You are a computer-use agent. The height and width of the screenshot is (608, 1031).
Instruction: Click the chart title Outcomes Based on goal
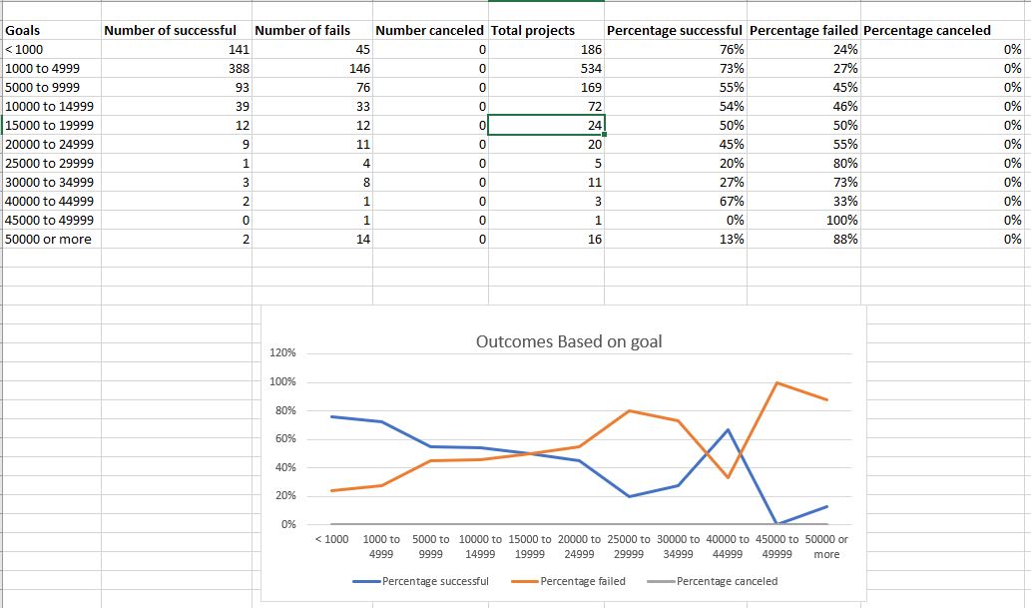(x=569, y=341)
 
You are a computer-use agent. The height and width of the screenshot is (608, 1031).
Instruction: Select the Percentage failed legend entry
(x=582, y=581)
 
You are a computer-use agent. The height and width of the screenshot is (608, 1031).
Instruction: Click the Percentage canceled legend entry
(x=727, y=581)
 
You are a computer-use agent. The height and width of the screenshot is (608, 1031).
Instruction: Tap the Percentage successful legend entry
(x=434, y=581)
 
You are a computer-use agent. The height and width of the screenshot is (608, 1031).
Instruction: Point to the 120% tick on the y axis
(x=282, y=353)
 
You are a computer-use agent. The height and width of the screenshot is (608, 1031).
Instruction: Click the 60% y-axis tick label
(x=284, y=439)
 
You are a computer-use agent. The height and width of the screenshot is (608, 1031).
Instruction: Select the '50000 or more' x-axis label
(x=826, y=546)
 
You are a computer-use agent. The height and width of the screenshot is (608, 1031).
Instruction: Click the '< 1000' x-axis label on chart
(x=331, y=539)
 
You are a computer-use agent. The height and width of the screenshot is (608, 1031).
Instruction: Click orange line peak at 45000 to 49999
(x=776, y=382)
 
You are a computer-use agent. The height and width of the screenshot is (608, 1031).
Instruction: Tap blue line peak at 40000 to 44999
(x=728, y=429)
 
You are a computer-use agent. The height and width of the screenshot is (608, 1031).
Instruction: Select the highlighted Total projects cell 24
(x=546, y=125)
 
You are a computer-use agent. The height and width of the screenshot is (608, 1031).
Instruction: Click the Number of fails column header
(x=302, y=30)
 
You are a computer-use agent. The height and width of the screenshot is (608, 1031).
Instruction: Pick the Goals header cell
(x=23, y=30)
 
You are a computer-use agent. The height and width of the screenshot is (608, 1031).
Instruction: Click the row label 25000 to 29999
(x=50, y=163)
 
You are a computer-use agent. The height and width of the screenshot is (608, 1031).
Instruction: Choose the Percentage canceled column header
(x=927, y=30)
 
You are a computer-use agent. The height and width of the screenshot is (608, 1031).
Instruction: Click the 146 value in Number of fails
(x=358, y=68)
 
